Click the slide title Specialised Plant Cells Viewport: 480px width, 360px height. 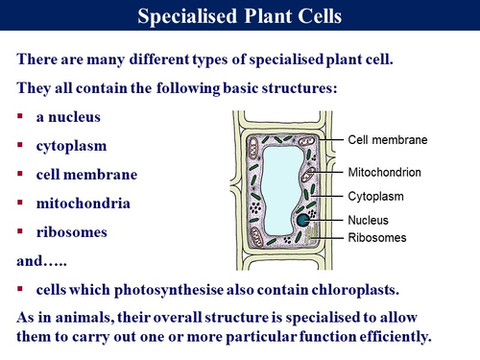[x=240, y=17]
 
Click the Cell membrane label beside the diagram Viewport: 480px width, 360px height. [x=387, y=139]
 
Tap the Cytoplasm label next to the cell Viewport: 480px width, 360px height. [x=375, y=197]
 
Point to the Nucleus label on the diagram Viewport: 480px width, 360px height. [x=368, y=221]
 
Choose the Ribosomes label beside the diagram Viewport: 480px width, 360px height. [x=377, y=237]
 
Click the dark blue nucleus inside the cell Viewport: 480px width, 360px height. [x=303, y=221]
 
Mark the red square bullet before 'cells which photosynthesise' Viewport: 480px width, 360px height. [x=23, y=289]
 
